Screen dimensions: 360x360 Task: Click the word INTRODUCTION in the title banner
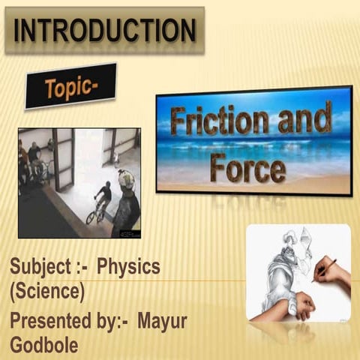tap(105, 31)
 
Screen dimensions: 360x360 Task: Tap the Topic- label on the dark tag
tap(71, 88)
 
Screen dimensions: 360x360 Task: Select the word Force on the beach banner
tap(247, 166)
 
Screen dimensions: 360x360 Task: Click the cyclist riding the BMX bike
tap(102, 196)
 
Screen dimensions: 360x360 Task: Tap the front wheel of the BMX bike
tap(92, 217)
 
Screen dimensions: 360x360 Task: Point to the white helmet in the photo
tap(126, 178)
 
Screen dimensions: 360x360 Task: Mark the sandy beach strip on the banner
tap(255, 184)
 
